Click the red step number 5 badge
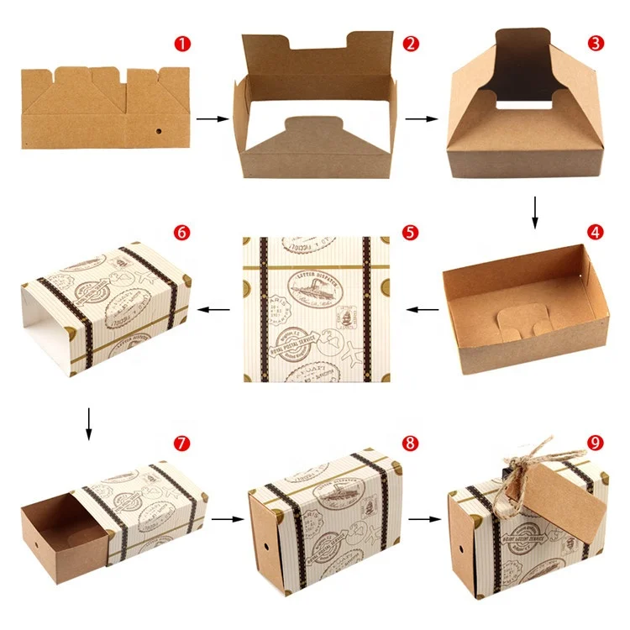pos(409,231)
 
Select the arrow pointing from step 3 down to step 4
pos(535,212)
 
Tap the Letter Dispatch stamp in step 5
pos(318,286)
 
